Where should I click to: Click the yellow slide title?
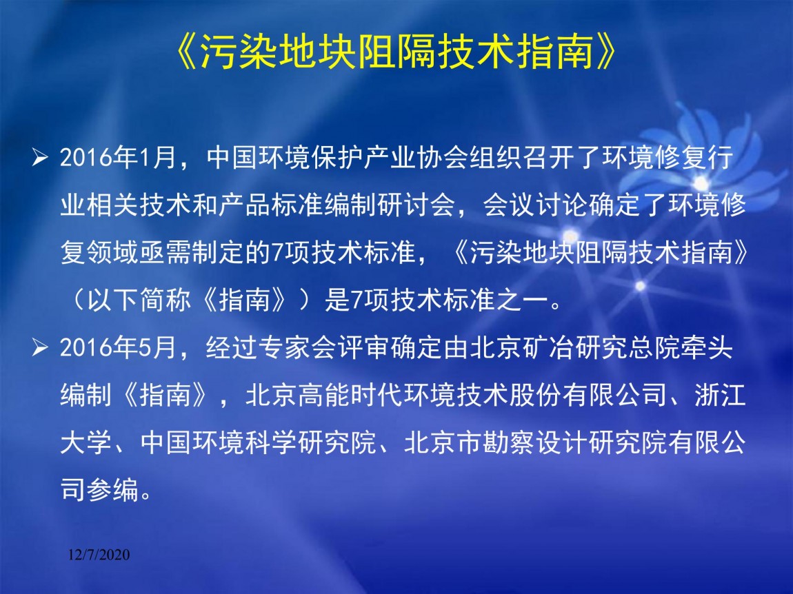(396, 52)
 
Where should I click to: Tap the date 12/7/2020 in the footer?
(99, 555)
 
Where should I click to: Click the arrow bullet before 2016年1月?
(39, 157)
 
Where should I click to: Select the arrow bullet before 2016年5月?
(39, 347)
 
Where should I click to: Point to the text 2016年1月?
(118, 158)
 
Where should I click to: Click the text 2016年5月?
(118, 348)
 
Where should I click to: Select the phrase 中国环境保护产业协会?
(325, 158)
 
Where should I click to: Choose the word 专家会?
(297, 348)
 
